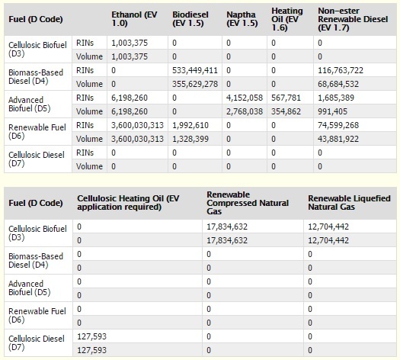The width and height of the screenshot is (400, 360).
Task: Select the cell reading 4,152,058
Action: tap(245, 98)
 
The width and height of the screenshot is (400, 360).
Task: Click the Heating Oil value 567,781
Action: tap(286, 98)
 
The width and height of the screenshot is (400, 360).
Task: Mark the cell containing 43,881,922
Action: tap(341, 139)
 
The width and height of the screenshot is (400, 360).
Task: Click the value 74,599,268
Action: tap(341, 125)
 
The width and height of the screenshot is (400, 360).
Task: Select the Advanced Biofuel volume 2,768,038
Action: tap(245, 111)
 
